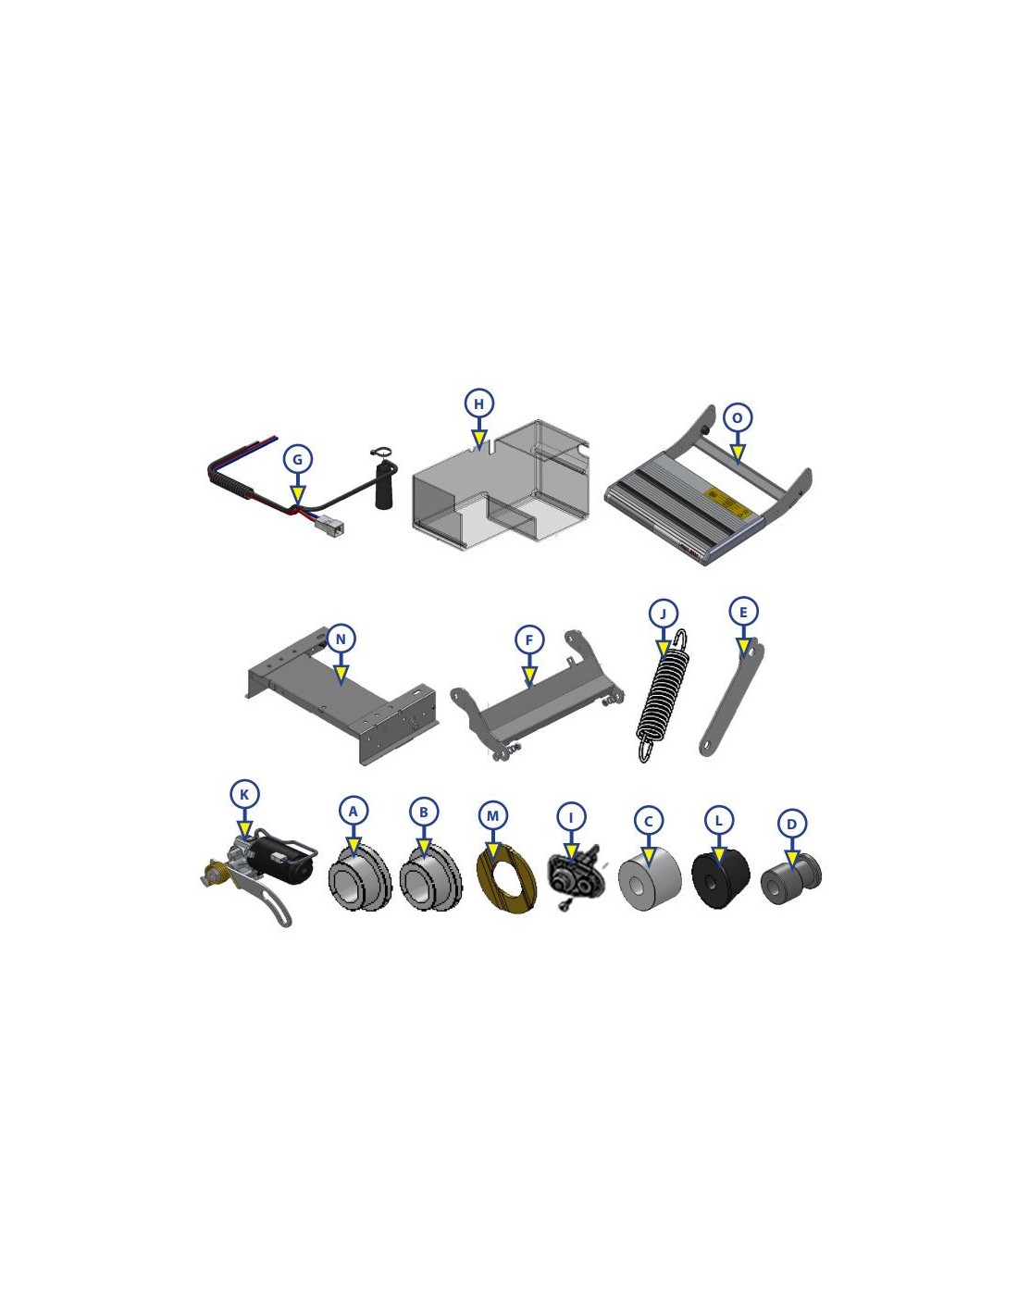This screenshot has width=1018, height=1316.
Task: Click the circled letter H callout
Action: click(479, 403)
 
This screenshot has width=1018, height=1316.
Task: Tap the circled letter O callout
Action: click(737, 418)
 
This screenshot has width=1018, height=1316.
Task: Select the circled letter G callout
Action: click(297, 459)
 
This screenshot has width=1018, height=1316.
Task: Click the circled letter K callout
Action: click(244, 795)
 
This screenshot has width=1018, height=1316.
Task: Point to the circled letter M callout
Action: click(493, 816)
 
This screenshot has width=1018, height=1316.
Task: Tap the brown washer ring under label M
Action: click(506, 886)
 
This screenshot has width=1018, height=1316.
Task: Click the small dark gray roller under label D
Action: click(790, 878)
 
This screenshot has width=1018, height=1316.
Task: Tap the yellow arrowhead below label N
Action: click(341, 673)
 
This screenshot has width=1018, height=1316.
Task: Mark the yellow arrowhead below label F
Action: click(530, 675)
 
